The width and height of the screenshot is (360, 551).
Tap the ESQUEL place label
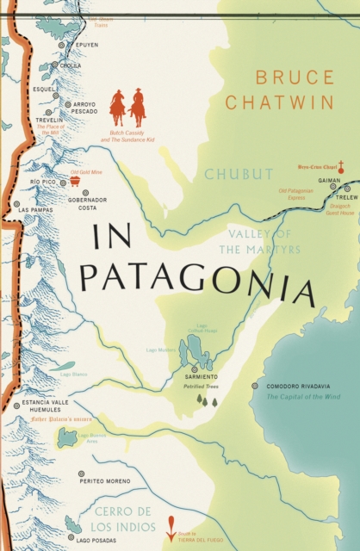click(43, 87)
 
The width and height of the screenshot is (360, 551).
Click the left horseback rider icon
click(117, 107)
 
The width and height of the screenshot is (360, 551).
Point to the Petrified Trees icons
click(207, 400)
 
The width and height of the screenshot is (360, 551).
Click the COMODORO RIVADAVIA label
click(298, 387)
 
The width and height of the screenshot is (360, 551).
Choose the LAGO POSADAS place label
click(94, 540)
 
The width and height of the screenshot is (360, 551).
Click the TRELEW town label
click(346, 197)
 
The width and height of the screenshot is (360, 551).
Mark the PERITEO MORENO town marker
click(81, 474)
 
